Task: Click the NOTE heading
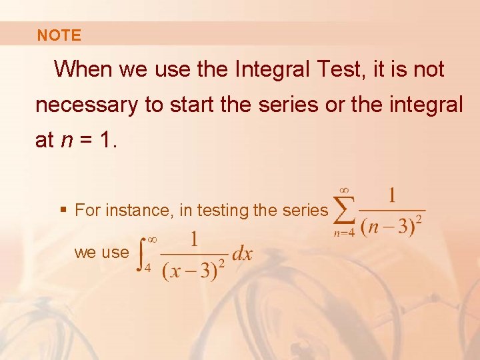[59, 35]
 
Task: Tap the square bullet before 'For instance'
[63, 211]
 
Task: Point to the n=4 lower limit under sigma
[345, 233]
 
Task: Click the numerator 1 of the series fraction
[392, 195]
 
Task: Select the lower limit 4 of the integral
[147, 269]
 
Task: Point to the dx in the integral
[242, 255]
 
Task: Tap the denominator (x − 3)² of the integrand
[193, 270]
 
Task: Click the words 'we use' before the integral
[101, 253]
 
